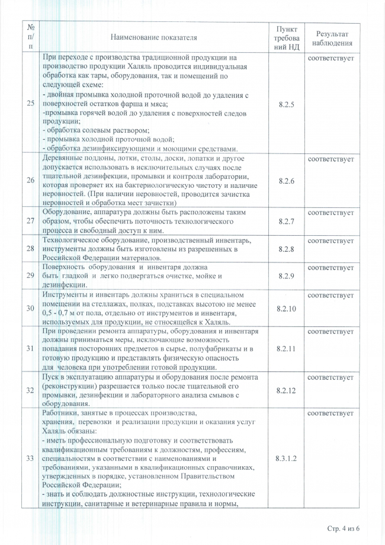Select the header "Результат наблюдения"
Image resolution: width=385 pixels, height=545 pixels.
pos(335,38)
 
